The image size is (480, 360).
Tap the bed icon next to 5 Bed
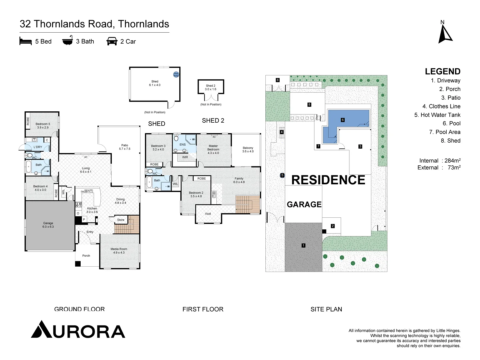tap(25, 41)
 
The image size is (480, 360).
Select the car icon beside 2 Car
tap(112, 41)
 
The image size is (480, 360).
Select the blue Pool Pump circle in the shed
tap(176, 75)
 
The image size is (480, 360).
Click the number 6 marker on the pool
tap(343, 120)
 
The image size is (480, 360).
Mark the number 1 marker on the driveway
tap(303, 245)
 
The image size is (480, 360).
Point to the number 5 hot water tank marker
tap(282, 175)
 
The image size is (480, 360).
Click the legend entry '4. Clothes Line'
tap(441, 106)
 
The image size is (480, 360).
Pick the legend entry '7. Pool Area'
tap(444, 132)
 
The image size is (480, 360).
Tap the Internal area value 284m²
tap(452, 161)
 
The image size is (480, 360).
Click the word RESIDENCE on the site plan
tap(328, 180)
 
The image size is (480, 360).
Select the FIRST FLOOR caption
tap(203, 309)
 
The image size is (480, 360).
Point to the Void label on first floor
tap(208, 214)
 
